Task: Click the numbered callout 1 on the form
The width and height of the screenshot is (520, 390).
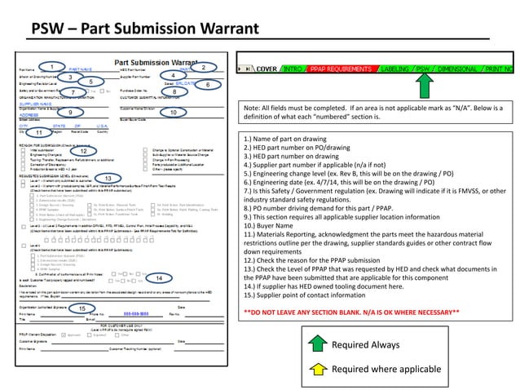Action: [x=52, y=65]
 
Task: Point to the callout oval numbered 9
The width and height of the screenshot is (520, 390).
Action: [x=71, y=112]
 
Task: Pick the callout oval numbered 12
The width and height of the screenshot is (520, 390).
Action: [x=83, y=151]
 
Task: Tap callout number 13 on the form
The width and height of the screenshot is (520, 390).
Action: [x=108, y=178]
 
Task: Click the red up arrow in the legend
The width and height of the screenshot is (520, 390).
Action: [x=316, y=345]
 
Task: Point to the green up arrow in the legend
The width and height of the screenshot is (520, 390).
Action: [x=316, y=369]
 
